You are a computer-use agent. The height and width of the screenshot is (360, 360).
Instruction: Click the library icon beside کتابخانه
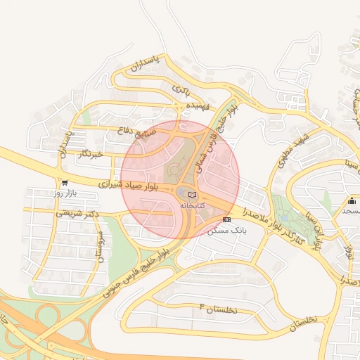click(193, 195)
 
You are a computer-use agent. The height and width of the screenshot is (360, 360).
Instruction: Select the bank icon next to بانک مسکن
click(226, 219)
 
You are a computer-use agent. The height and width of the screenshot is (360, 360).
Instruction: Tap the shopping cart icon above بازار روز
click(65, 182)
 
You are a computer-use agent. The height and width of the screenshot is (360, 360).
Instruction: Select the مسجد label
click(349, 210)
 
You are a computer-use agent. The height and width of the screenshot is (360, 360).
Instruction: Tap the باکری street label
click(181, 90)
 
